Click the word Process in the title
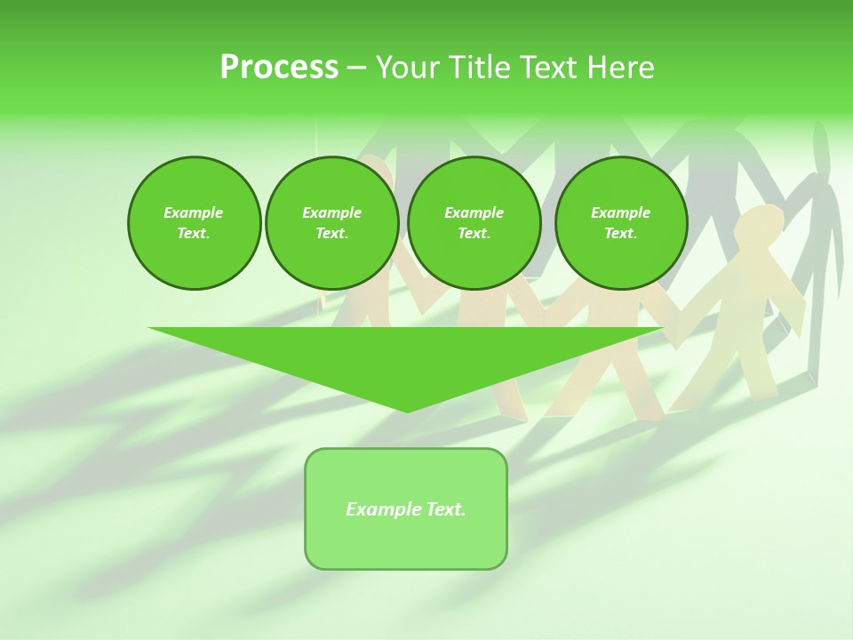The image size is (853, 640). (279, 68)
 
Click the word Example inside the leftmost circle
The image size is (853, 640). (194, 212)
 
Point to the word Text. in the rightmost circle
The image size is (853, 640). (620, 233)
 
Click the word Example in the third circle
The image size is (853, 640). (474, 212)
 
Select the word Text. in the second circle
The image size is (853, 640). (331, 233)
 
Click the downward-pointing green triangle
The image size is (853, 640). (406, 356)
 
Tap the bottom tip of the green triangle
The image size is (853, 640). (407, 410)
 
